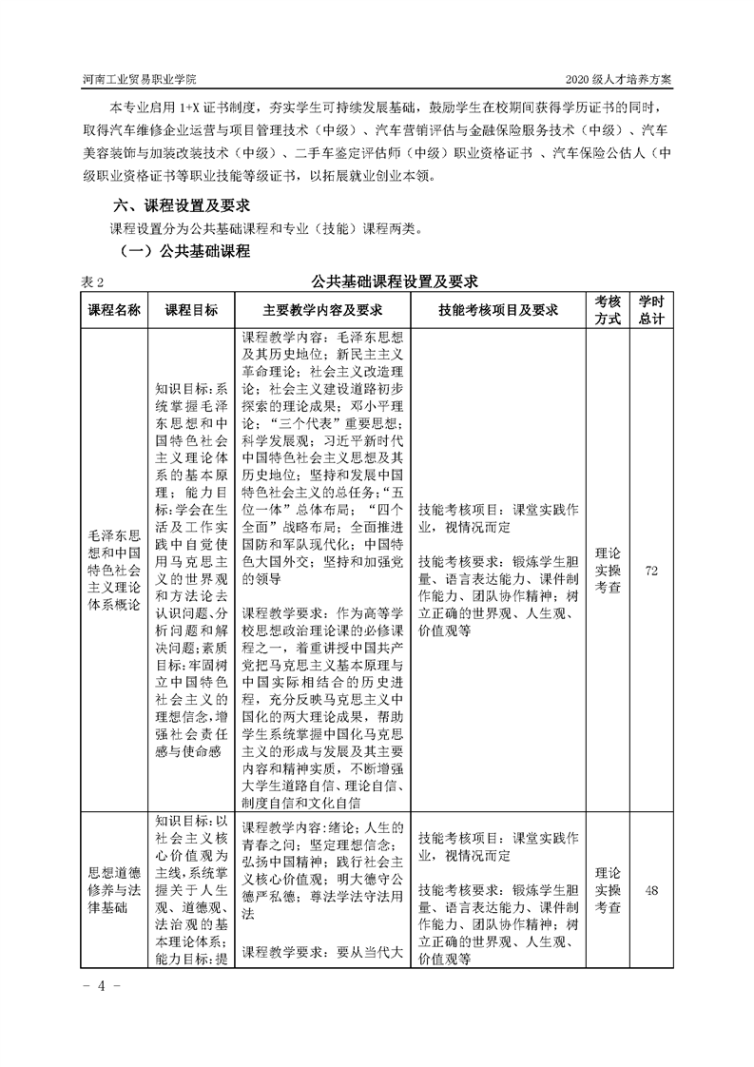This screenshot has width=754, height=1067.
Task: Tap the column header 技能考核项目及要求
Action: pyautogui.click(x=498, y=310)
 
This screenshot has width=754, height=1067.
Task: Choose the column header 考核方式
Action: pyautogui.click(x=608, y=310)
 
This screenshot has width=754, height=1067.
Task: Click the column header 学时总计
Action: pyautogui.click(x=651, y=310)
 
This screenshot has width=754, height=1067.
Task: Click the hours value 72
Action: pyautogui.click(x=651, y=570)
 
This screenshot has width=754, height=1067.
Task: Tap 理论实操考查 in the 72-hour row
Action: pyautogui.click(x=608, y=570)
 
